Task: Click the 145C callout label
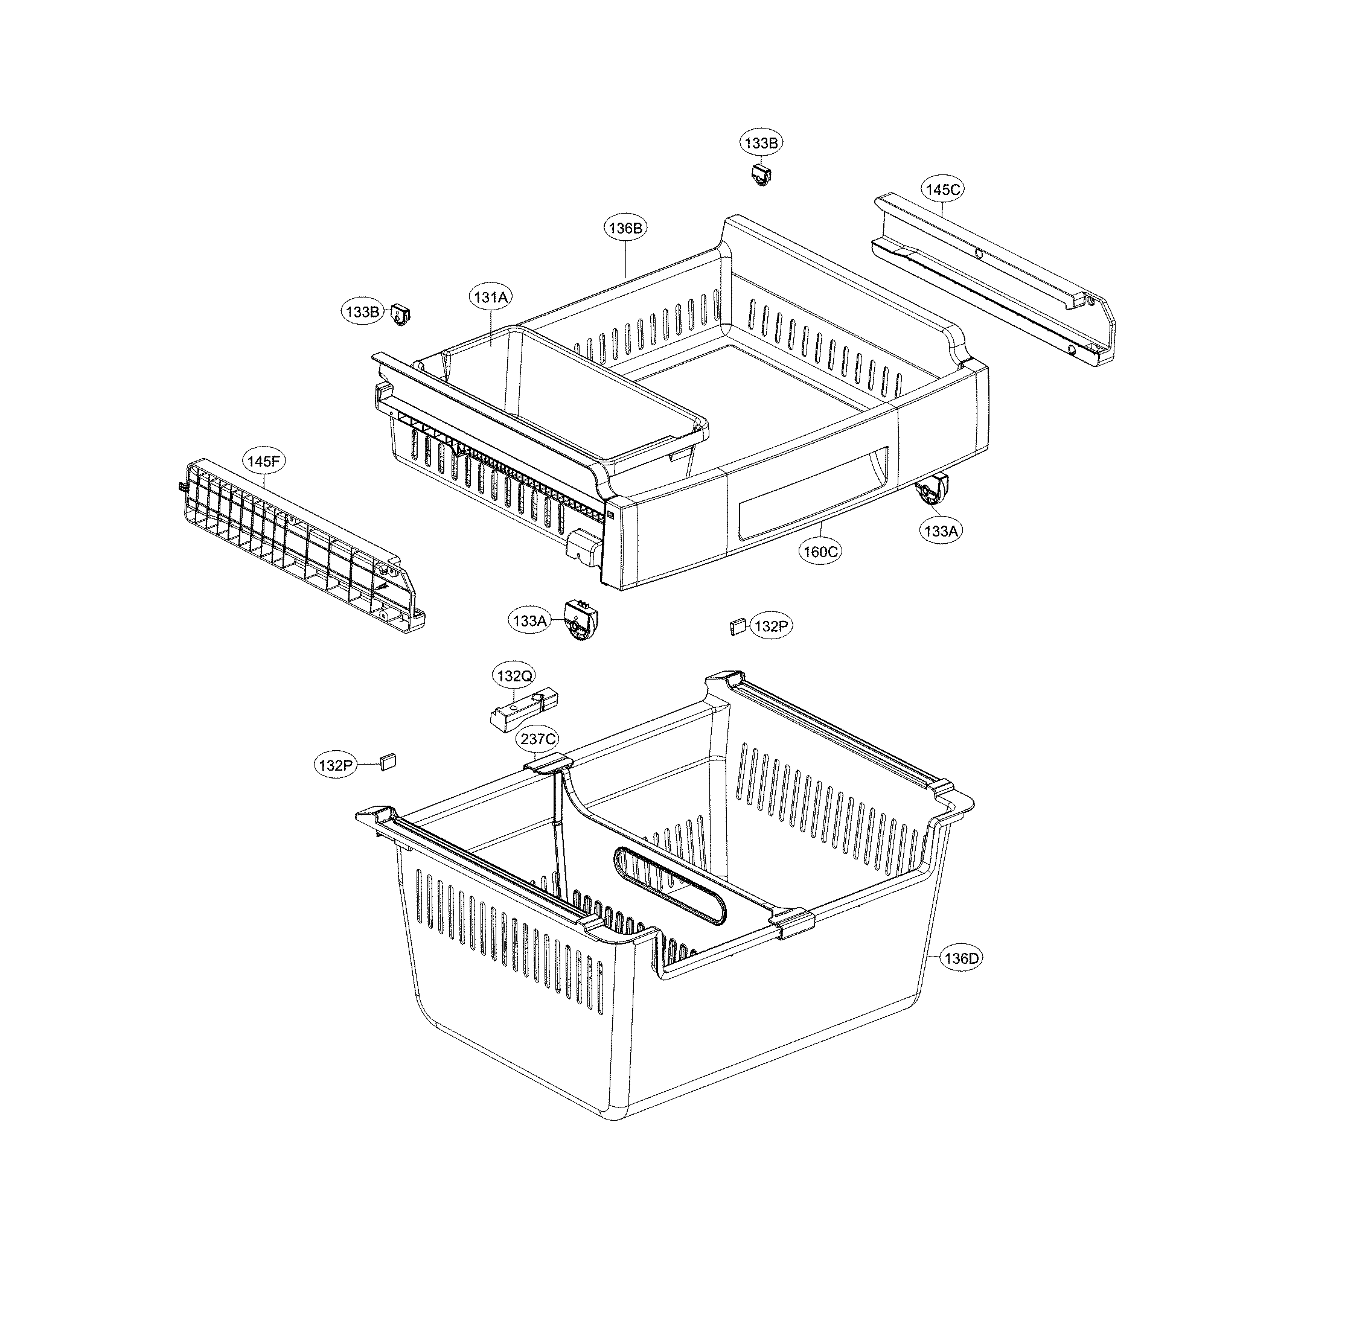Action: pyautogui.click(x=943, y=189)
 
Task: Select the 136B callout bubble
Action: pyautogui.click(x=625, y=228)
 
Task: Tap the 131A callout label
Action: pyautogui.click(x=490, y=298)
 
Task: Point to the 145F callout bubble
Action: pyautogui.click(x=264, y=461)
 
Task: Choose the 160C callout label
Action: pyautogui.click(x=820, y=552)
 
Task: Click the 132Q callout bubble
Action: pyautogui.click(x=514, y=676)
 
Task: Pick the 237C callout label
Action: pyautogui.click(x=538, y=739)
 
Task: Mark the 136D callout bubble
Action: pyautogui.click(x=960, y=958)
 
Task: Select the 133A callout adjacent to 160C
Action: pyautogui.click(x=941, y=531)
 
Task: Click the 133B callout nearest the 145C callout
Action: pyautogui.click(x=761, y=142)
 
